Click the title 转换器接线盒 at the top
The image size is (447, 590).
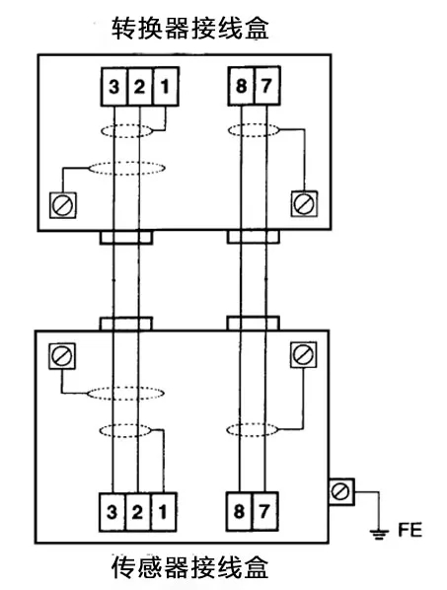190,28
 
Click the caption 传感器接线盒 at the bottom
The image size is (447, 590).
190,567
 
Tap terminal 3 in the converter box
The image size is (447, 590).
114,87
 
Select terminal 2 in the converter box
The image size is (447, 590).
140,87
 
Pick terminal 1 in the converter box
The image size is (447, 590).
166,87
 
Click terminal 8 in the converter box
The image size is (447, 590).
241,86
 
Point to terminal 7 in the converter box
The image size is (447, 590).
266,86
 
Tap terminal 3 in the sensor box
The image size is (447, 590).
112,512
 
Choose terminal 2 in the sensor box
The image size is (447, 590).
138,512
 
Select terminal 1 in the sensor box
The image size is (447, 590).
164,512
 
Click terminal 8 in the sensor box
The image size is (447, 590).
239,511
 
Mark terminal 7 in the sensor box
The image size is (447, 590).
265,511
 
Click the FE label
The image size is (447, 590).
410,530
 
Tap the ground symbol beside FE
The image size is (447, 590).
379,534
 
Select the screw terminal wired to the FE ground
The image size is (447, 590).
341,491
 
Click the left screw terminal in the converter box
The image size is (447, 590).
63,205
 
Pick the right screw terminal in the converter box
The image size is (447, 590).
304,204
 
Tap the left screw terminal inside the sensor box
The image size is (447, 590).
62,356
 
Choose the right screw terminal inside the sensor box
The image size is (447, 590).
303,354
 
